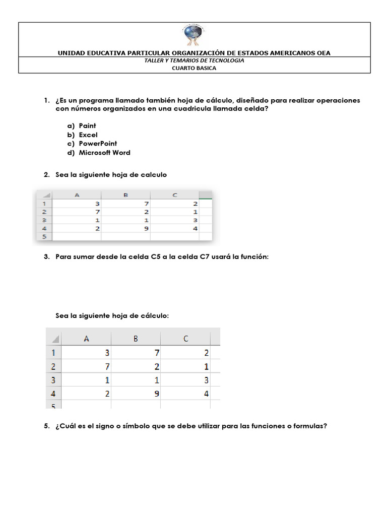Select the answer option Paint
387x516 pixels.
point(87,125)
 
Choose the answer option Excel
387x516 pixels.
point(88,135)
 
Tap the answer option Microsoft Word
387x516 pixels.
point(104,153)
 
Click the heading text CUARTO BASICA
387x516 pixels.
point(194,68)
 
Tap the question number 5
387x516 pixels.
point(46,426)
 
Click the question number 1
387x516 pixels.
point(46,100)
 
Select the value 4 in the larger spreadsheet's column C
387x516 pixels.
point(207,394)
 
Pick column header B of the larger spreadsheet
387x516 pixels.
point(136,339)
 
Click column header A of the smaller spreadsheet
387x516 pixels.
point(77,195)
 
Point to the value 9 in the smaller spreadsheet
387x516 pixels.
point(146,228)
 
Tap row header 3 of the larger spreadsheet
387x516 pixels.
point(52,380)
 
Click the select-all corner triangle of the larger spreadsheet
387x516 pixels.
point(55,339)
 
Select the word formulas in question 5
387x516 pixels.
point(309,426)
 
